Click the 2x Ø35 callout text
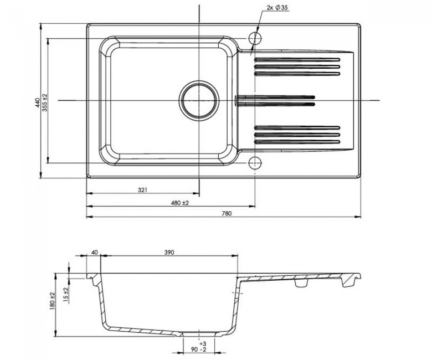(x=277, y=8)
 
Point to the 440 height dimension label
(x=38, y=102)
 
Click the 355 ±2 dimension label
(x=45, y=102)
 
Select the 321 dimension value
(x=143, y=190)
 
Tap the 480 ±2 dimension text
(x=179, y=203)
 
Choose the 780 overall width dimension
(x=227, y=213)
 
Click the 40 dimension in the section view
(x=95, y=253)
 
